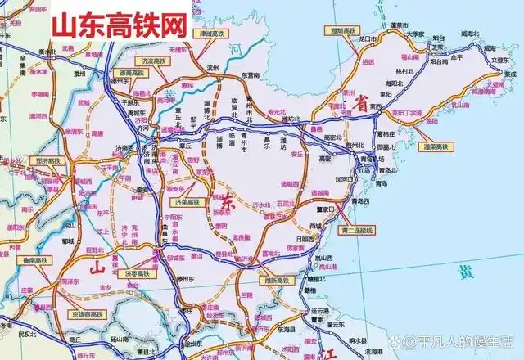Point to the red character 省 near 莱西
point(358,101)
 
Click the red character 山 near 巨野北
point(95,267)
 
